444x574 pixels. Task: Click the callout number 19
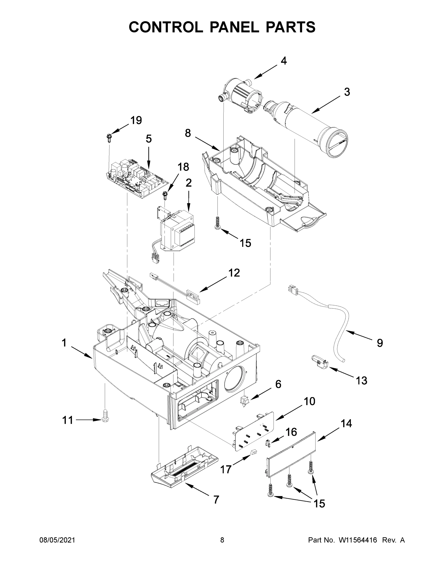tap(136, 120)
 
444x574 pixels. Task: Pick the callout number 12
tap(234, 273)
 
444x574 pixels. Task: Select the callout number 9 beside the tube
tap(380, 343)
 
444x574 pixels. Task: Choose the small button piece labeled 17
tap(253, 452)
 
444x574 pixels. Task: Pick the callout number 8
tap(188, 133)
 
